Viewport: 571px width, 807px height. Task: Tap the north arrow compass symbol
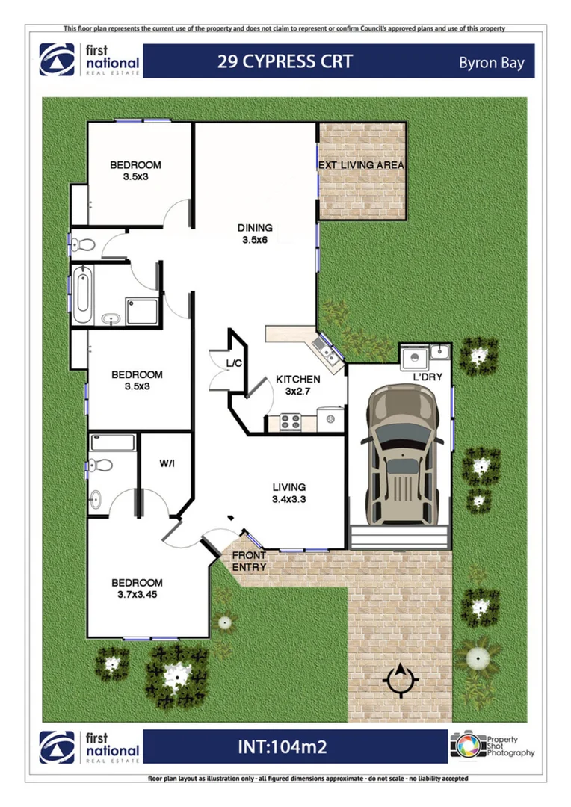(x=401, y=679)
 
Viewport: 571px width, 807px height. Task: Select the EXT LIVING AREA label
(x=361, y=165)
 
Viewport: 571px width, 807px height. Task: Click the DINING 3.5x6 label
(x=255, y=234)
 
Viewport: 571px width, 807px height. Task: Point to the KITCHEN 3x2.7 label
(x=298, y=385)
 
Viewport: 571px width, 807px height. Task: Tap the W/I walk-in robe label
(x=167, y=464)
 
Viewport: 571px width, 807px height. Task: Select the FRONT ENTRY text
(x=249, y=562)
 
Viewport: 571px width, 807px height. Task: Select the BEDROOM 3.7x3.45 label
(x=137, y=589)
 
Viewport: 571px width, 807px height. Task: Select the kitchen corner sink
(x=326, y=347)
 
